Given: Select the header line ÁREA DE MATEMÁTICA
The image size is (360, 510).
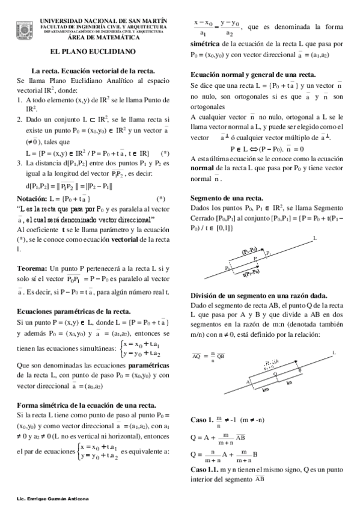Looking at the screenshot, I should [103, 38].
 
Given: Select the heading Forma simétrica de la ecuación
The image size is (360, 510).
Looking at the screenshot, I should [87, 404].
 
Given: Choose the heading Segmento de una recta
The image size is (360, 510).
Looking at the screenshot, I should [226, 197].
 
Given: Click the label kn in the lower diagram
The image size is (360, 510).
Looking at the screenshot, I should [290, 382].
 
